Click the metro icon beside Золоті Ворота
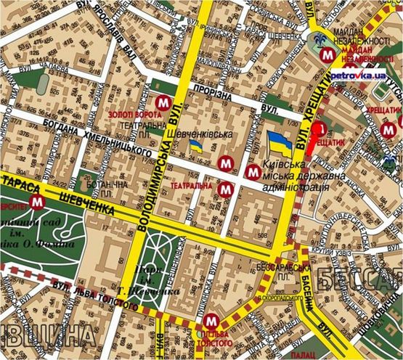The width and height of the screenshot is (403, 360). click(x=162, y=102)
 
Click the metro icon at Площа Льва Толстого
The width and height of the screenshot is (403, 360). click(x=211, y=319)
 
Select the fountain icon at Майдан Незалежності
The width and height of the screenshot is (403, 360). click(x=317, y=42)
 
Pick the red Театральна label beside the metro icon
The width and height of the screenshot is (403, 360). click(x=192, y=187)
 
